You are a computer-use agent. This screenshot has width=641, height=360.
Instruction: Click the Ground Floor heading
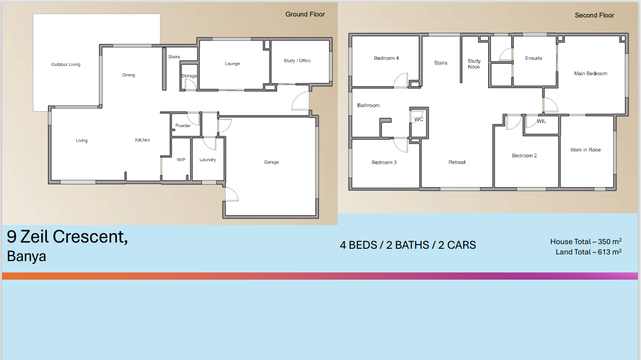click(x=305, y=14)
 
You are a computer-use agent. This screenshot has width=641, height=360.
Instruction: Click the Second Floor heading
click(x=594, y=15)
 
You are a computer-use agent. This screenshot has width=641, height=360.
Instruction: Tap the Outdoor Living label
click(x=66, y=64)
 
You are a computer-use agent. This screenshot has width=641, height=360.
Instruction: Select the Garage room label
click(x=271, y=162)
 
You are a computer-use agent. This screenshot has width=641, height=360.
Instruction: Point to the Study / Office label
click(x=297, y=61)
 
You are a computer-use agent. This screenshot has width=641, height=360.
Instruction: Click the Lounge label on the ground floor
click(x=232, y=63)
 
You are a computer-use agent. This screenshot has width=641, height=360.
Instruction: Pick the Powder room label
click(x=183, y=125)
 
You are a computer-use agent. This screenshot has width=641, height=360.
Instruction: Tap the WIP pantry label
click(x=181, y=160)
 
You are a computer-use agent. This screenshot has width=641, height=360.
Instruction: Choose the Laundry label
click(x=208, y=160)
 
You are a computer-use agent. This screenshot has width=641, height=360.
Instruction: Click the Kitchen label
click(x=143, y=140)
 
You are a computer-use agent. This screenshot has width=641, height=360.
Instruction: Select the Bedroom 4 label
click(x=386, y=58)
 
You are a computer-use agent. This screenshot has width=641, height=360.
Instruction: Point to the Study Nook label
click(x=474, y=64)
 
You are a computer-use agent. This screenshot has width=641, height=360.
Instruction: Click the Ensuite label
click(x=534, y=58)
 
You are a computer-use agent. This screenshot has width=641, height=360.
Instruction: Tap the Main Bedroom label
click(x=591, y=74)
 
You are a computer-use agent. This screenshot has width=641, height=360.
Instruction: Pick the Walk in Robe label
click(x=585, y=150)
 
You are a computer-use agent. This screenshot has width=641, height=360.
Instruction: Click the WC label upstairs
click(x=419, y=119)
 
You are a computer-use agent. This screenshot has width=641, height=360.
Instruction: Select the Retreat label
click(x=457, y=162)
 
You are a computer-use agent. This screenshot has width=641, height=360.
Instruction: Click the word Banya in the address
click(x=26, y=256)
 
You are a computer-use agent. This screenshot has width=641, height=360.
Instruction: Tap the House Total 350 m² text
click(x=586, y=242)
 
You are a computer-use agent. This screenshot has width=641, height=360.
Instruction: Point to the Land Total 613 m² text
click(x=588, y=252)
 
